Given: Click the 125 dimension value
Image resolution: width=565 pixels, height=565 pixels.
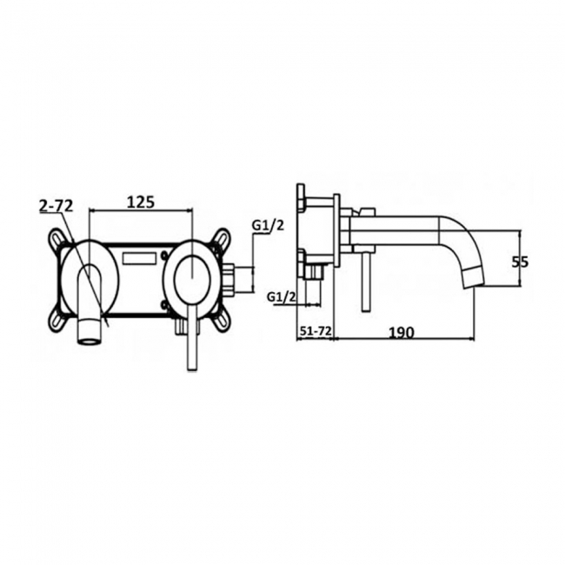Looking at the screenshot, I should pos(141,202).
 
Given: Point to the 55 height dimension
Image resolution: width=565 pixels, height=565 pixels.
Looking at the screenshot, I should pos(521,260).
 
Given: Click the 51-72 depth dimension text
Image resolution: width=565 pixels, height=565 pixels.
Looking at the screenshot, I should pos(316,331).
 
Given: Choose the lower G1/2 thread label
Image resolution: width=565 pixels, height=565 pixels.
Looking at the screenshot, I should pos(281,297).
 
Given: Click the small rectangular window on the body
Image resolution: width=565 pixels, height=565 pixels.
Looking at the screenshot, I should pos(140,257).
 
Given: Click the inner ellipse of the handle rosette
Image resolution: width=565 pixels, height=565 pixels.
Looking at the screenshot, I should pos(191,276).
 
